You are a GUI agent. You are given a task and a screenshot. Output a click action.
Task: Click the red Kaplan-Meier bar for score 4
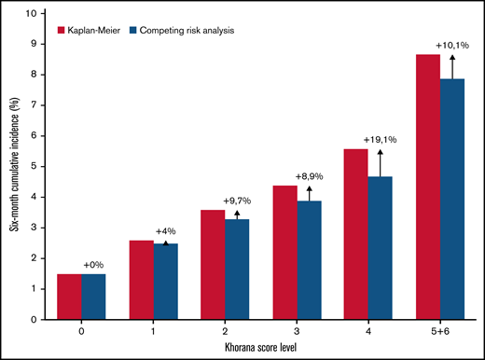[x=358, y=234]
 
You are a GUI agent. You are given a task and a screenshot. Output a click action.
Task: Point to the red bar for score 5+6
[x=428, y=187]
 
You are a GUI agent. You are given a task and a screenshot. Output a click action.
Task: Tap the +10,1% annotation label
[x=452, y=43]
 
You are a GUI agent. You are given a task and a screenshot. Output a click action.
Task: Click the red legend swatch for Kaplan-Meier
[x=63, y=31]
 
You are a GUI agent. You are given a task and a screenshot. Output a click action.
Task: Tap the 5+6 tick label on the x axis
[x=440, y=330]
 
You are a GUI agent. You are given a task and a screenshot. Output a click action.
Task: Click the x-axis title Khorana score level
[x=255, y=346]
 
